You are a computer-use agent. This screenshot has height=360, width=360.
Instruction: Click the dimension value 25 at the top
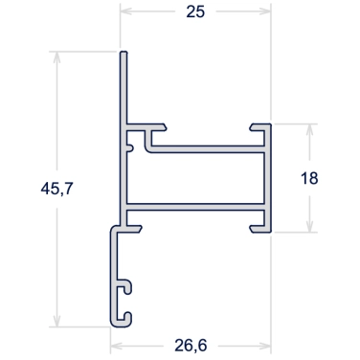pyautogui.click(x=195, y=12)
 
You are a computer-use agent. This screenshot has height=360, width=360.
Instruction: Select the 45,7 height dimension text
pyautogui.click(x=57, y=189)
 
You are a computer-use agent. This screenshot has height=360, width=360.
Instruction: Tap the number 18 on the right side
pyautogui.click(x=309, y=178)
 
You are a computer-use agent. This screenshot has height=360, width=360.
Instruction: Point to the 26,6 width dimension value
pyautogui.click(x=191, y=346)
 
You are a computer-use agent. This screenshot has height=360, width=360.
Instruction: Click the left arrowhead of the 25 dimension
pyautogui.click(x=126, y=11)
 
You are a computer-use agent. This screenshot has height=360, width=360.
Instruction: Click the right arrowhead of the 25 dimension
pyautogui.click(x=265, y=11)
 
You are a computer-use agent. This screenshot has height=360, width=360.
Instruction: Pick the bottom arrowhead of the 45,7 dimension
pyautogui.click(x=57, y=321)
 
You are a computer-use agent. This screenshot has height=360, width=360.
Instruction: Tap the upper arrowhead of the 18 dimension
pyautogui.click(x=309, y=129)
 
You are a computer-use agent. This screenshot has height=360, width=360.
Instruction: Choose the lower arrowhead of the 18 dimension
pyautogui.click(x=309, y=226)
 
